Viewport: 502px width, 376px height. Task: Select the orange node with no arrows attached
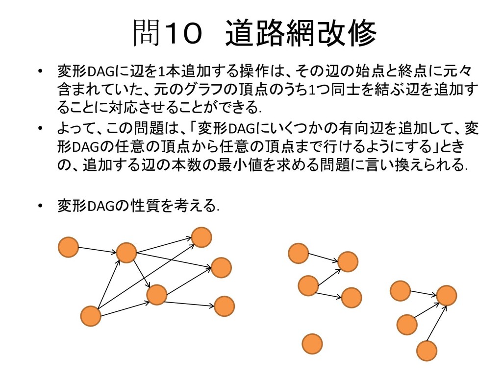312,344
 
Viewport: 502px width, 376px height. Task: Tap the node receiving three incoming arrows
446,296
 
